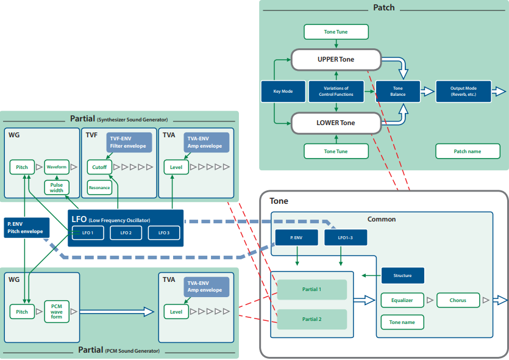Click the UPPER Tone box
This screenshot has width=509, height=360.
pos(336,59)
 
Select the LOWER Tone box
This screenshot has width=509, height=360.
pos(336,123)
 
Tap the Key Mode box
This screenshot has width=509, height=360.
pos(283,92)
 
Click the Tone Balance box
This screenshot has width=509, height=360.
pos(397,92)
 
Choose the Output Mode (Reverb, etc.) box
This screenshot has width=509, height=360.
pos(463,92)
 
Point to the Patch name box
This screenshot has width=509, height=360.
pos(468,151)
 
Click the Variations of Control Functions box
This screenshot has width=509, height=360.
pos(336,92)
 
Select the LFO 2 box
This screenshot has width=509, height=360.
pos(126,232)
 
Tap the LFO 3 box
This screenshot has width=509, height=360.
pos(164,232)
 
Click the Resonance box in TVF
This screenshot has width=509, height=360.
pos(99,188)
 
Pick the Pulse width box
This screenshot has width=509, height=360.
pos(57,187)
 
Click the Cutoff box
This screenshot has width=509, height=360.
pos(99,167)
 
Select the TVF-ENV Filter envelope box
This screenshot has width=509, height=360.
pos(129,142)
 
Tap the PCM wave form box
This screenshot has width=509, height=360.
pos(57,312)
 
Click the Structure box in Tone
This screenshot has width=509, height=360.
pos(402,276)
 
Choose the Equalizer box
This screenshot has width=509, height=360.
pos(402,300)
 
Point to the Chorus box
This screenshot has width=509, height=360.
pos(458,300)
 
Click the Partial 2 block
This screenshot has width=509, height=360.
pos(312,319)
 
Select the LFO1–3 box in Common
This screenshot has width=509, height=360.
pos(346,237)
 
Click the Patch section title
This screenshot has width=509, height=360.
pos(383,7)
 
